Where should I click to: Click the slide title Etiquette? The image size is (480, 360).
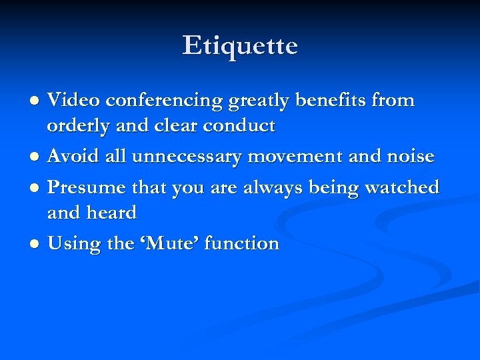tap(240, 46)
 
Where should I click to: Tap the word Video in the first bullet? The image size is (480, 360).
tap(75, 101)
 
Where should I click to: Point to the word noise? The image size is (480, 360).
tap(410, 157)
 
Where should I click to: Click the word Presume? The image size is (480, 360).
tap(88, 187)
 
